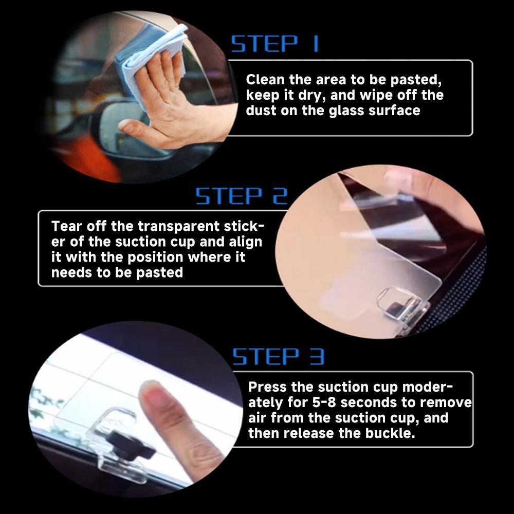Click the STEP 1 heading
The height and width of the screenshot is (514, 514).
[274, 44]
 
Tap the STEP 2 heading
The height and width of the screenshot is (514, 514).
[241, 196]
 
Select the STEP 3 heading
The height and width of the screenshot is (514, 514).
[278, 356]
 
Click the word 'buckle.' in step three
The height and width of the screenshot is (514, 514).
[390, 433]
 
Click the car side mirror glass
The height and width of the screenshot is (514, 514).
[121, 131]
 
